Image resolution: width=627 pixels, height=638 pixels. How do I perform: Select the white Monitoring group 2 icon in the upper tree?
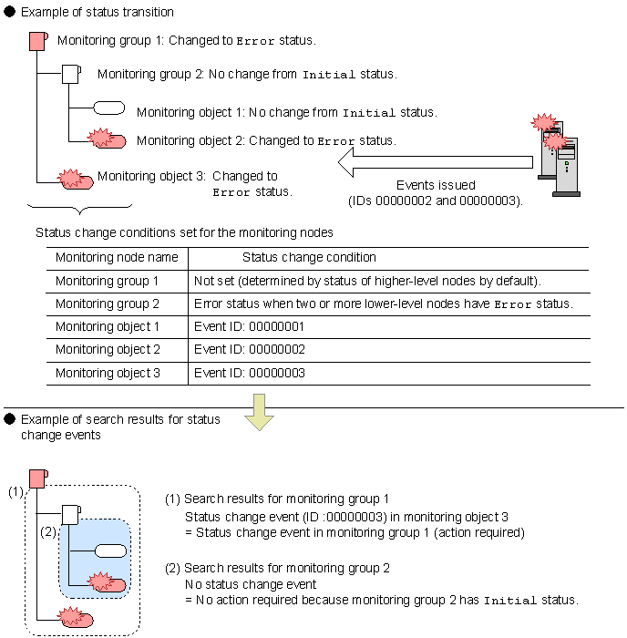(x=72, y=74)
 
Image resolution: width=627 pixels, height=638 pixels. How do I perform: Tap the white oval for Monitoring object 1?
(x=109, y=108)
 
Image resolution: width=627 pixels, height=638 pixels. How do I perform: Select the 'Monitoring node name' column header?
(x=117, y=258)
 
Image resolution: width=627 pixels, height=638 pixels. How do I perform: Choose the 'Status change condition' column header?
(x=309, y=258)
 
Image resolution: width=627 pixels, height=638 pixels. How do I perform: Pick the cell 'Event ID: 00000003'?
(x=249, y=373)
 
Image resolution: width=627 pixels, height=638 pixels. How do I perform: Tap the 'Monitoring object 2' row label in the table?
(x=108, y=350)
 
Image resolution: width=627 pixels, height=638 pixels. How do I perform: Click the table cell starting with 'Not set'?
(x=365, y=281)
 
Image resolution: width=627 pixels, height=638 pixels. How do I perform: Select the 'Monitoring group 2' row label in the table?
(x=107, y=304)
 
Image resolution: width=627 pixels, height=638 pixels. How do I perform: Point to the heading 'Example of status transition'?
(x=97, y=13)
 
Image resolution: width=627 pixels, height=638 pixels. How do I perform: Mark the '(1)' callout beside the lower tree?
(x=16, y=492)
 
